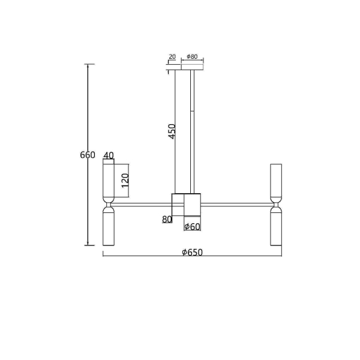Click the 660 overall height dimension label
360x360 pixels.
click(x=88, y=155)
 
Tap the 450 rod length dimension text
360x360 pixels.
click(x=172, y=131)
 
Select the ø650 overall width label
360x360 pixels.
click(x=192, y=253)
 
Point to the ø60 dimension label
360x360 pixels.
click(x=192, y=227)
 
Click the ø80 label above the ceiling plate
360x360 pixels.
click(x=192, y=56)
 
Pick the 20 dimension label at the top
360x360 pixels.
click(x=172, y=56)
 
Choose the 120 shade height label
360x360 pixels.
click(x=125, y=181)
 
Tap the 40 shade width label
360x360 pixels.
click(x=109, y=155)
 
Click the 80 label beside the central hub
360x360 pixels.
click(x=167, y=220)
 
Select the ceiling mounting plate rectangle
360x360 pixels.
click(x=192, y=67)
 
